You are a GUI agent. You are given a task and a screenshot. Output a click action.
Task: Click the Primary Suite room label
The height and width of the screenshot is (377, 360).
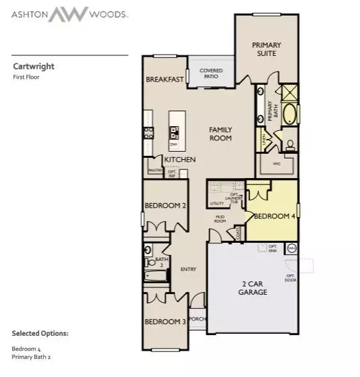point(266,49)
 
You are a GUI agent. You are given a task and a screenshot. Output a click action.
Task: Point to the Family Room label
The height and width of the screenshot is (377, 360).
point(220,134)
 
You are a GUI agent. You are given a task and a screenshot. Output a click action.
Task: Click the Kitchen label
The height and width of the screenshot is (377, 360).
point(179,160)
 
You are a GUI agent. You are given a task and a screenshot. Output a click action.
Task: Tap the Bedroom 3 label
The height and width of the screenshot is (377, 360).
point(164,322)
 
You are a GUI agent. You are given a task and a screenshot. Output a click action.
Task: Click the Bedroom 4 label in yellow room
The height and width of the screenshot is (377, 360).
point(273,216)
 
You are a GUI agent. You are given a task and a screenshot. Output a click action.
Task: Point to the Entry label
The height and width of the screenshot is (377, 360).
point(188,270)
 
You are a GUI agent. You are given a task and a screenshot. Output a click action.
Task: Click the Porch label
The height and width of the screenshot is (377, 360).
point(196,319)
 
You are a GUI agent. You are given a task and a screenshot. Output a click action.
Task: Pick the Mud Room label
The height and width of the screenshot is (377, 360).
point(220,219)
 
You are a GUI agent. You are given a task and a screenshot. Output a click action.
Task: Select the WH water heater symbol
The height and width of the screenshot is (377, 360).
point(292,248)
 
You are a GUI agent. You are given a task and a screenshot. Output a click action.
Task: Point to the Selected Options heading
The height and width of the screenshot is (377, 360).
point(40,333)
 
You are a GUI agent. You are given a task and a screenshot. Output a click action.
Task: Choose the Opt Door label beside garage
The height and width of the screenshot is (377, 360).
point(291,277)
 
